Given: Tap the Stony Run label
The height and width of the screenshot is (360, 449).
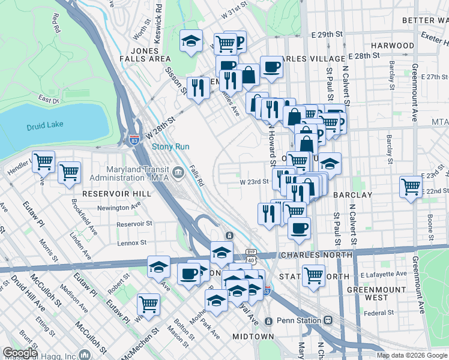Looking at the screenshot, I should pyautogui.click(x=170, y=146).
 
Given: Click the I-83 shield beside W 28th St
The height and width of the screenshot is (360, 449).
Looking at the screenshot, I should pyautogui.click(x=134, y=140).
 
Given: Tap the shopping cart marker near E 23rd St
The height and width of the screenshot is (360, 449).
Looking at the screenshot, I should pyautogui.click(x=411, y=186).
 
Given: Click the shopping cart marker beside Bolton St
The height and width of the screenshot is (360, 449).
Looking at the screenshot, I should pyautogui.click(x=148, y=304).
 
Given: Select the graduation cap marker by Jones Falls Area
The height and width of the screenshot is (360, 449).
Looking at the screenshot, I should pyautogui.click(x=191, y=41).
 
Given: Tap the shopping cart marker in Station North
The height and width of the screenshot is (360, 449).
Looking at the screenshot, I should pyautogui.click(x=314, y=275).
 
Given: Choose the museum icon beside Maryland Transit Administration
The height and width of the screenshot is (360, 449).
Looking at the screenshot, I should pyautogui.click(x=178, y=173).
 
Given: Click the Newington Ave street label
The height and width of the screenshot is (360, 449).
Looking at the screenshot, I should pyautogui.click(x=122, y=208).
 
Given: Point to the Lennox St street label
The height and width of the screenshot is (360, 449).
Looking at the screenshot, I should pyautogui.click(x=131, y=243).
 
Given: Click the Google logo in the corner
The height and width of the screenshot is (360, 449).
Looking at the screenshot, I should pyautogui.click(x=20, y=353).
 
